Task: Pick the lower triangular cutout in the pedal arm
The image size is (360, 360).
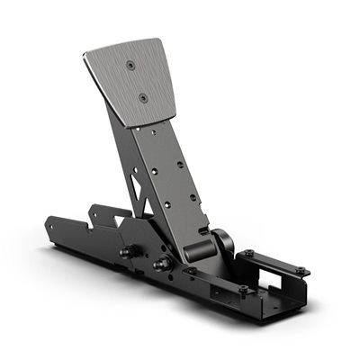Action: (x=137, y=200)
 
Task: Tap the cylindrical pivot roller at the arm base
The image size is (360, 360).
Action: (x=221, y=243)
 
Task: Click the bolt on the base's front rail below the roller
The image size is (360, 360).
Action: (x=242, y=289)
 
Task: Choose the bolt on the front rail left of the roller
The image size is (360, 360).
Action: (x=191, y=271)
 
